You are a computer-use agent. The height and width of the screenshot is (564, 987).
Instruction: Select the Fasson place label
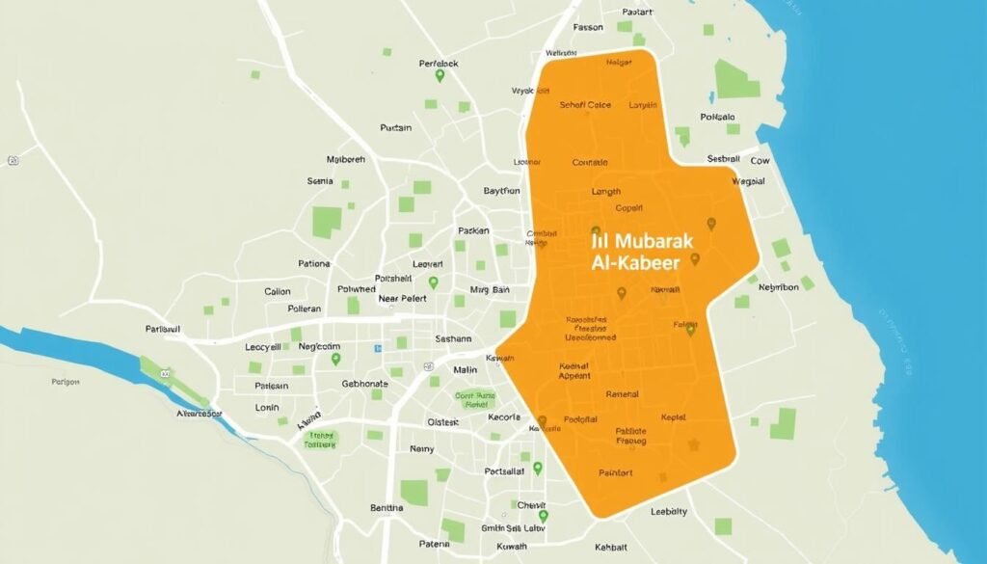pyautogui.click(x=587, y=27)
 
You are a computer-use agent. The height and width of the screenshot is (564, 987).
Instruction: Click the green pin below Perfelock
pyautogui.click(x=440, y=76)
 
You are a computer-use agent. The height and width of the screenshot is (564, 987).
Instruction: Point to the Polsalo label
pyautogui.click(x=717, y=117)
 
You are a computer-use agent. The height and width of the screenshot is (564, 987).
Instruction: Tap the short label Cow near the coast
pyautogui.click(x=760, y=161)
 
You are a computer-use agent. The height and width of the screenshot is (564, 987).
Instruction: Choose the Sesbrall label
pyautogui.click(x=724, y=158)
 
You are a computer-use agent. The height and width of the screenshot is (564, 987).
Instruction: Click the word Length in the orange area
pyautogui.click(x=605, y=191)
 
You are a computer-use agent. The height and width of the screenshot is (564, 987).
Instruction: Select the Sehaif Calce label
pyautogui.click(x=586, y=105)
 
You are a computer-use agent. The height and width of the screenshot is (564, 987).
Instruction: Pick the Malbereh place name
pyautogui.click(x=346, y=159)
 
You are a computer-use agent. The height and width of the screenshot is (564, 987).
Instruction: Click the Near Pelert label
pyautogui.click(x=403, y=299)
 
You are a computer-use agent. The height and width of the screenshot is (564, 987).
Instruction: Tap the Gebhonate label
pyautogui.click(x=364, y=383)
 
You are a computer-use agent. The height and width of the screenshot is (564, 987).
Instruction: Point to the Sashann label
pyautogui.click(x=454, y=339)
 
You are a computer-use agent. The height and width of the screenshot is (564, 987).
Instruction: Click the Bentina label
pyautogui.click(x=387, y=507)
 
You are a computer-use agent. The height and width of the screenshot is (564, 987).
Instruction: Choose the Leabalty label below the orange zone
pyautogui.click(x=669, y=512)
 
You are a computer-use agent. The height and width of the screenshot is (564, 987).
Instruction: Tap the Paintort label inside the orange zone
pyautogui.click(x=616, y=472)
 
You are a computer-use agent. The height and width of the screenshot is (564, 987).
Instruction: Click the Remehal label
pyautogui.click(x=622, y=394)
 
